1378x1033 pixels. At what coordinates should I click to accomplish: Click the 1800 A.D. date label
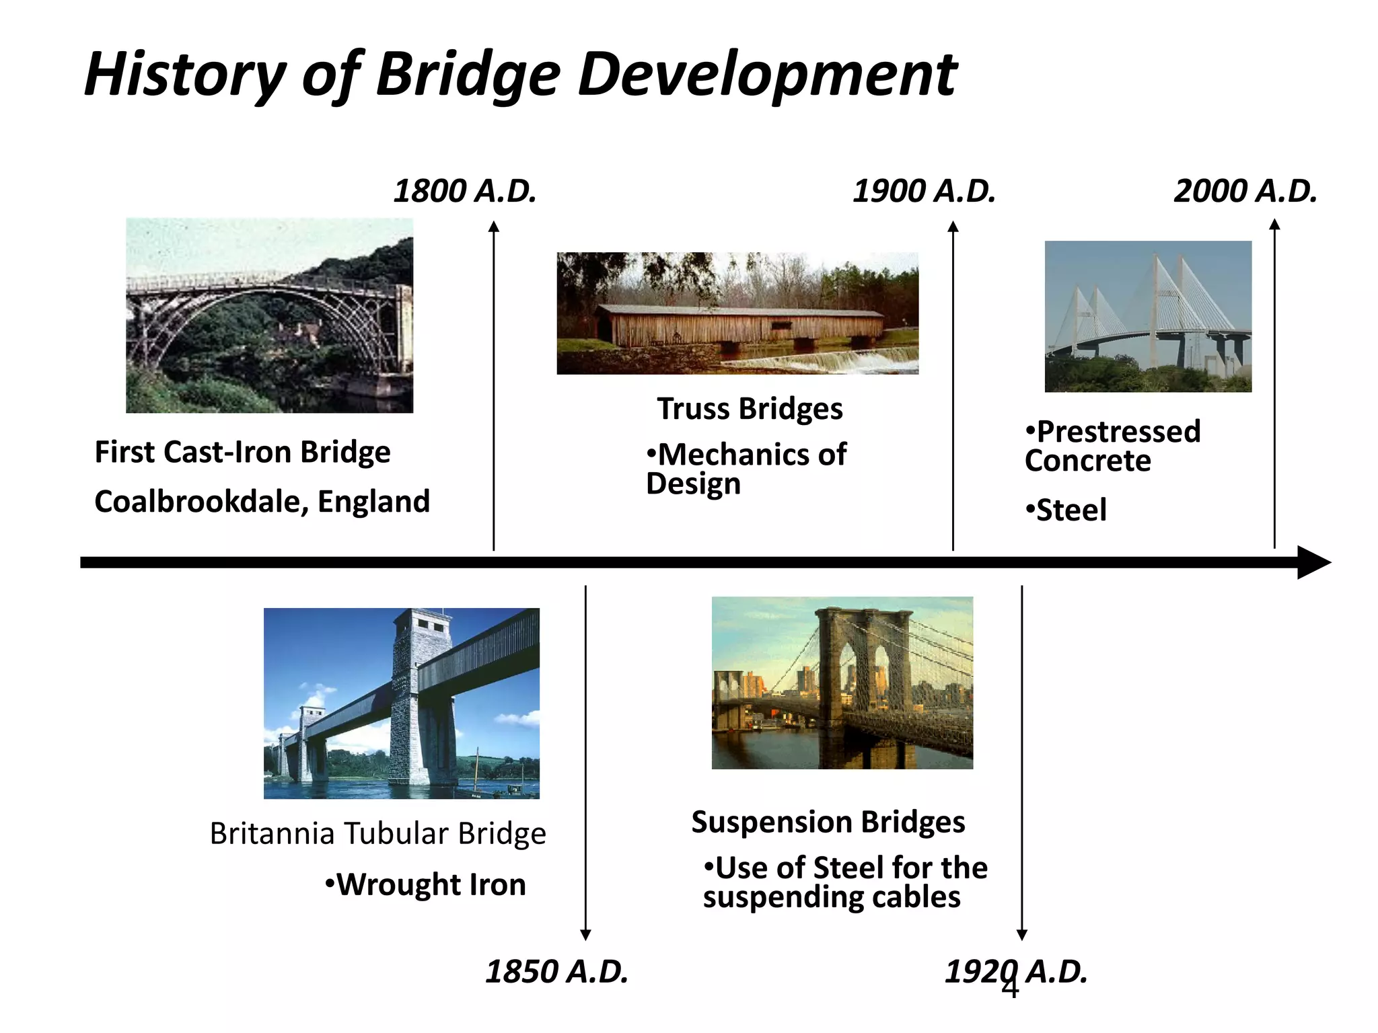465,191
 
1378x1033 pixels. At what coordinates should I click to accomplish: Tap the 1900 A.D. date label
924,191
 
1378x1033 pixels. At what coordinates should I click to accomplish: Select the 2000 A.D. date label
1245,191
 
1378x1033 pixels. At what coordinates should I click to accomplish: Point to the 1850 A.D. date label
556,972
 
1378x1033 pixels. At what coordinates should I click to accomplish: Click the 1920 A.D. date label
1016,972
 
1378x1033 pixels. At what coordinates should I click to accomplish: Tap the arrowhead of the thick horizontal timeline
1313,562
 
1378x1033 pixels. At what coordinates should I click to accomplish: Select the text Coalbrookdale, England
262,502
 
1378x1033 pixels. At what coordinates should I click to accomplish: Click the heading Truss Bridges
750,409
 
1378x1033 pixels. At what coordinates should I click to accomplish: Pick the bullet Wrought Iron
430,884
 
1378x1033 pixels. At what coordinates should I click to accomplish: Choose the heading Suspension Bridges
828,822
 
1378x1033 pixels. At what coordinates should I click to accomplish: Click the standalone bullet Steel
1070,510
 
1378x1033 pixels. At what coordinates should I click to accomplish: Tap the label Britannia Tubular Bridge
377,833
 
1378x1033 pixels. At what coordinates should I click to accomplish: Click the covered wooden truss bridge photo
737,313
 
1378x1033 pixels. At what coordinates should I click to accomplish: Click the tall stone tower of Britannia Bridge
421,699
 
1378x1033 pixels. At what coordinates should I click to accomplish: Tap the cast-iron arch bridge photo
269,315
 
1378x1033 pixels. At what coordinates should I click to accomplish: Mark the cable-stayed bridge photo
1148,316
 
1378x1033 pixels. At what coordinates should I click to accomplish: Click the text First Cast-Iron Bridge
242,452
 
